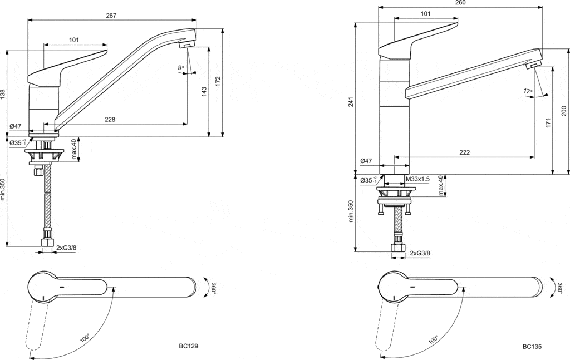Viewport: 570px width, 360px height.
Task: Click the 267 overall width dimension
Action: (111, 16)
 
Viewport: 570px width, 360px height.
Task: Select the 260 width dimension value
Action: (460, 3)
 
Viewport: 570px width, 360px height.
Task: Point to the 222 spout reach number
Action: (465, 152)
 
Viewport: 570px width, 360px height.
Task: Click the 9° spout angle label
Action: (181, 67)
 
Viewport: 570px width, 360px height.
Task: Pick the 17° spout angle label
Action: (528, 91)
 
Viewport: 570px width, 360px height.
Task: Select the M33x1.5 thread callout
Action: (417, 179)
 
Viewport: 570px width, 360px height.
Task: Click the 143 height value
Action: (204, 90)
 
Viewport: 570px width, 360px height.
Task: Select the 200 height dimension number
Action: (563, 111)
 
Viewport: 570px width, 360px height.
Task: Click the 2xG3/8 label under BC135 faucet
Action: (420, 254)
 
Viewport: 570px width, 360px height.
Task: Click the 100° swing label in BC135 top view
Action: (433, 338)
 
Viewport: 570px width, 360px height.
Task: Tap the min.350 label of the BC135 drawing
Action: (351, 211)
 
